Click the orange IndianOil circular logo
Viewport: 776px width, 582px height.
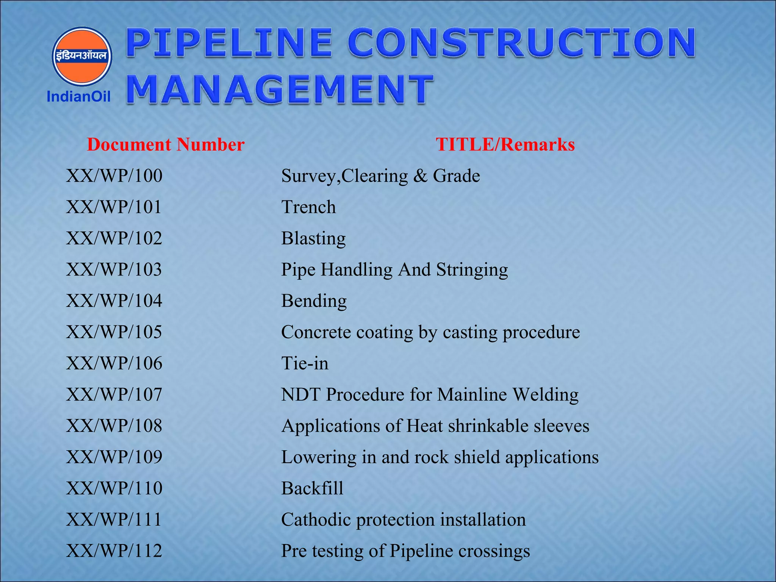pos(81,56)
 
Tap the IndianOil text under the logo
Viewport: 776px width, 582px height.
pos(78,97)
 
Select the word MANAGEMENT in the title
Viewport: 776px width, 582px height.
pos(280,89)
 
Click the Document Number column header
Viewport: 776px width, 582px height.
pos(166,145)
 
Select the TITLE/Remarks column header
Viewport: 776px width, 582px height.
pos(505,145)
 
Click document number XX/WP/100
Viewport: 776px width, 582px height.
pos(114,176)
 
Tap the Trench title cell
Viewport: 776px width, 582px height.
pos(308,207)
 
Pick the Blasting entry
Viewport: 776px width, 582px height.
pos(313,239)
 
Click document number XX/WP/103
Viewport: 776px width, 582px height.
pos(114,270)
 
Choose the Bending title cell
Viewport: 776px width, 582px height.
pos(314,301)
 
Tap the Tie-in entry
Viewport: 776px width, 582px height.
pos(305,363)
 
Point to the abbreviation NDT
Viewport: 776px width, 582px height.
pos(301,395)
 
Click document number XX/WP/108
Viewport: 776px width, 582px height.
pos(114,426)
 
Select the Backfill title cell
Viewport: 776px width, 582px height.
pos(312,488)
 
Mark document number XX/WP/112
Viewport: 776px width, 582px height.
pos(114,551)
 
